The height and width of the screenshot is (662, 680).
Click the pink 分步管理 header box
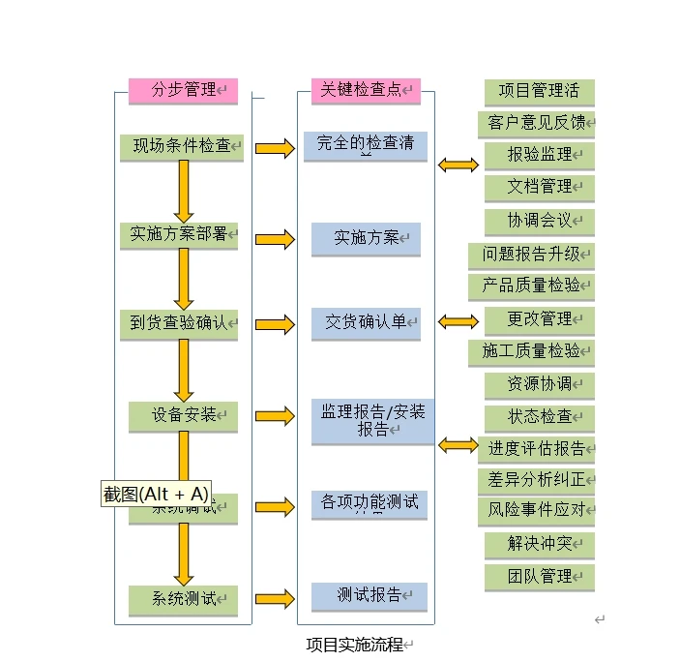(x=183, y=91)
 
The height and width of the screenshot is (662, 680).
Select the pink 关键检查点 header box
(x=366, y=91)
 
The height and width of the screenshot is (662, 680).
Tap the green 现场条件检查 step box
(x=182, y=146)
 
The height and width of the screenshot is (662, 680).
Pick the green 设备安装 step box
(x=183, y=415)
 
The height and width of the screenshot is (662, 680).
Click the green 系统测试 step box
(x=183, y=598)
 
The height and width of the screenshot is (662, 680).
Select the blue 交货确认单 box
(x=366, y=322)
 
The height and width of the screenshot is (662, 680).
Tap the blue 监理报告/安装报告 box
(x=372, y=421)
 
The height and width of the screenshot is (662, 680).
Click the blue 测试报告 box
(x=369, y=595)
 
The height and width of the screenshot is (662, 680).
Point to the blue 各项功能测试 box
(x=369, y=503)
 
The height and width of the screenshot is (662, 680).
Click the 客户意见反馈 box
(x=536, y=123)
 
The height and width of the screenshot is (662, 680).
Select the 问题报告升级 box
(x=531, y=255)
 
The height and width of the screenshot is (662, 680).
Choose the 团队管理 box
(x=539, y=576)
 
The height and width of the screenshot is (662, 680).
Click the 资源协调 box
(x=539, y=383)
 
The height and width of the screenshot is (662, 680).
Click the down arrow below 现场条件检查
(x=184, y=191)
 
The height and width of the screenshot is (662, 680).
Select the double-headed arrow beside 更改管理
(x=458, y=321)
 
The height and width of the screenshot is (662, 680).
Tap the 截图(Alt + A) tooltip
(x=157, y=494)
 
